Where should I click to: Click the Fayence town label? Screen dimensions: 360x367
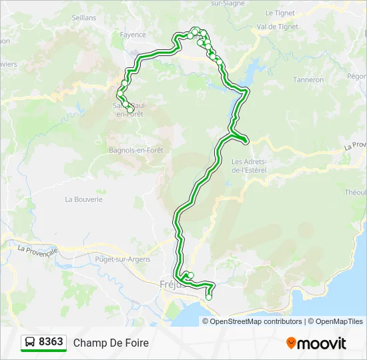(x=133, y=34)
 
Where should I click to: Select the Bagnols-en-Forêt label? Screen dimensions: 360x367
(x=136, y=150)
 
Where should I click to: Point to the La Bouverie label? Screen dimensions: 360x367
(x=83, y=199)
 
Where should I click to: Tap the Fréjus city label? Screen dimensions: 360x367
(x=171, y=284)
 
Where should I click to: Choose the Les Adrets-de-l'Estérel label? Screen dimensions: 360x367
(x=249, y=165)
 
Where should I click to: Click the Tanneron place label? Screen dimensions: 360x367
(x=308, y=79)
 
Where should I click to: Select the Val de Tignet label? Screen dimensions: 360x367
(x=277, y=27)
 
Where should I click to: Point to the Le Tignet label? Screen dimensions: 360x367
(x=280, y=13)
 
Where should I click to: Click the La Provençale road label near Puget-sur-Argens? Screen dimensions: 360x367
(x=38, y=250)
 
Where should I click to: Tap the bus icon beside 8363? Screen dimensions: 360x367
(x=30, y=343)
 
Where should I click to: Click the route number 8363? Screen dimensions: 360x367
(x=51, y=342)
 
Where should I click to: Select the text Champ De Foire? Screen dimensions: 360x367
(x=111, y=343)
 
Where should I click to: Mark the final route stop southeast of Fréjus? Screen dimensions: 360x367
(x=209, y=297)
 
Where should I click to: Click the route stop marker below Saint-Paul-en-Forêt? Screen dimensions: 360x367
(x=130, y=110)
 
